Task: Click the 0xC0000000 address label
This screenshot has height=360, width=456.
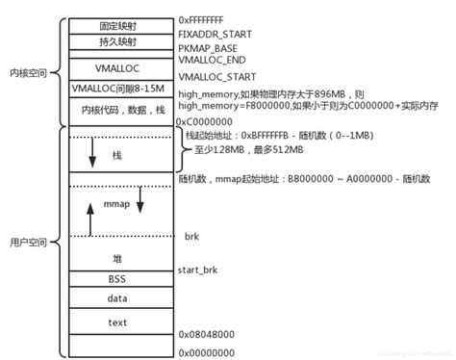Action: (205, 123)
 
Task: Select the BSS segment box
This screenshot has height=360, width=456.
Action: (117, 278)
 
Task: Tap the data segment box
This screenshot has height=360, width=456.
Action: (117, 298)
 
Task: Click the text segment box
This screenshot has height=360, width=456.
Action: (117, 321)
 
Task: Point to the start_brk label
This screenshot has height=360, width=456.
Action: (200, 272)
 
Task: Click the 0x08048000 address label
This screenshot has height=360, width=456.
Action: (205, 333)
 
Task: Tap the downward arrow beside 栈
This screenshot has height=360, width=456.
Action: (92, 152)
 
